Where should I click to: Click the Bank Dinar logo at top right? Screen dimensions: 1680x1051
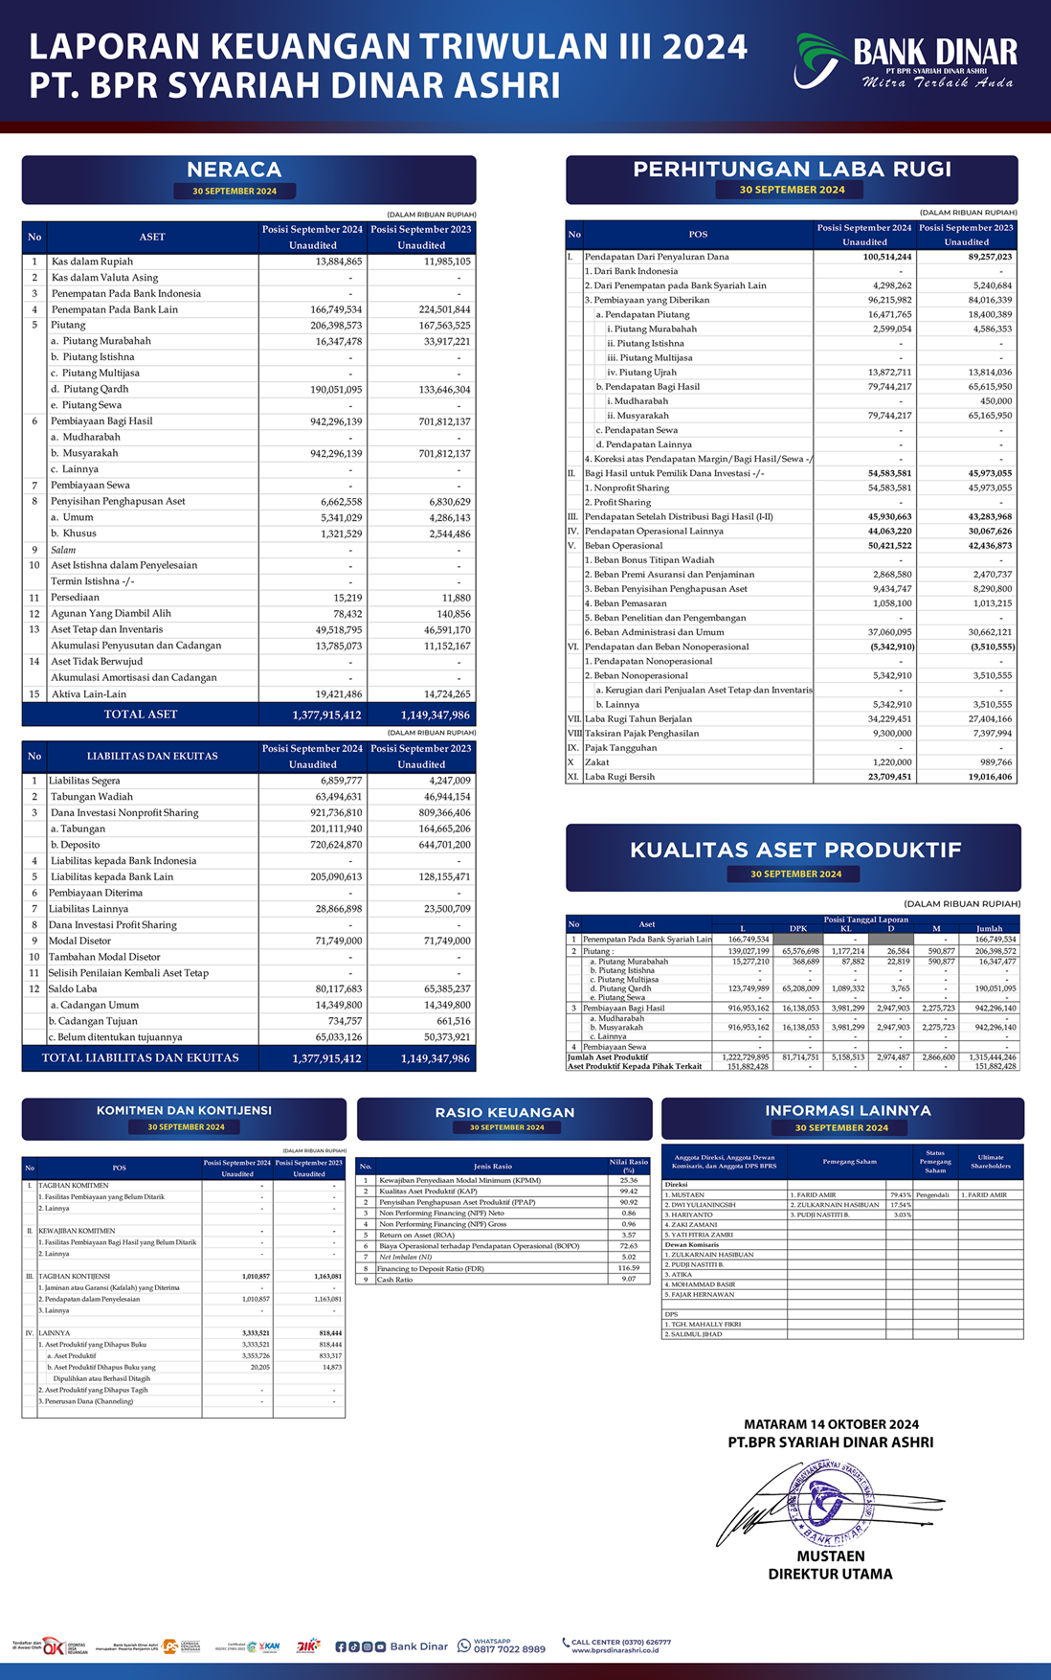pos(906,61)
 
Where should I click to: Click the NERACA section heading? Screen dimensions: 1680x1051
pos(235,170)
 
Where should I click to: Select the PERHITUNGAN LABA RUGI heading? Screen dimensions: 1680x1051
pos(792,170)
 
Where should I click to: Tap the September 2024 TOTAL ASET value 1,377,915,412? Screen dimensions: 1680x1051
pos(326,715)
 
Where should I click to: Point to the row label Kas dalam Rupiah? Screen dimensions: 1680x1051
pos(92,261)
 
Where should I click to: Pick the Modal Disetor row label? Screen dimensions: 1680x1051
pos(80,941)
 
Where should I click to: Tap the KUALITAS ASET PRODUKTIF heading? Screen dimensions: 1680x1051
pos(795,850)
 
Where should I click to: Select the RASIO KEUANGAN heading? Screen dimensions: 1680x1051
pos(504,1112)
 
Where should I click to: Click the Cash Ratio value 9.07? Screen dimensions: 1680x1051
pos(628,1280)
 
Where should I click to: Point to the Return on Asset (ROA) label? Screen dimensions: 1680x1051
pos(416,1236)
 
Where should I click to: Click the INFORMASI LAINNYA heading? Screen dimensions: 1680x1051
pos(847,1111)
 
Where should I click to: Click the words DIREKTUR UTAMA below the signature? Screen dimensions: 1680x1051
pos(830,1574)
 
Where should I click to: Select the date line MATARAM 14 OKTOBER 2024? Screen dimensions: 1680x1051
pos(831,1424)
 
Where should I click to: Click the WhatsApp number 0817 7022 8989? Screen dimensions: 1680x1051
pos(509,1649)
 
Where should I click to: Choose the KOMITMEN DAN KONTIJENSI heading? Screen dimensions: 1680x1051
pos(184,1111)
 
